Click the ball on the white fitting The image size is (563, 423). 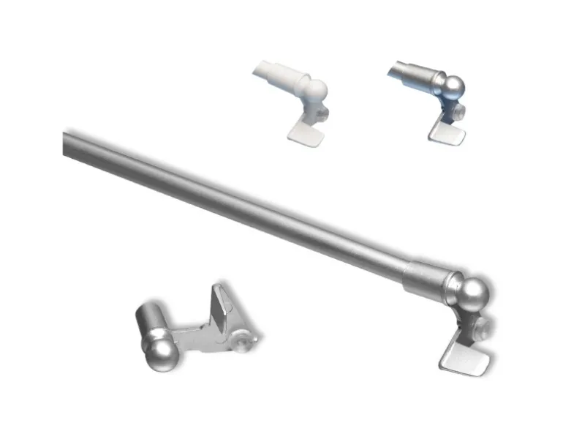pos(315,90)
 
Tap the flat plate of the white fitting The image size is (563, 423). pos(303,132)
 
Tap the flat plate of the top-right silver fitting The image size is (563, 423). pos(446,132)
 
